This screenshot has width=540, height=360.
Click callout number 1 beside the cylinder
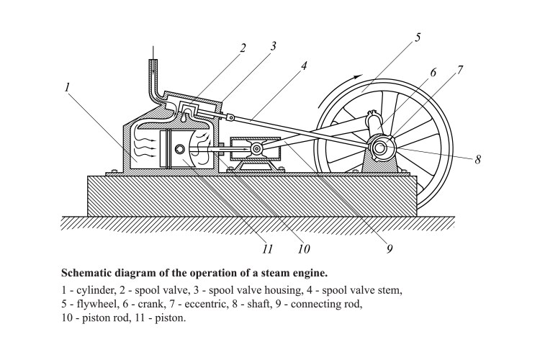pyautogui.click(x=67, y=87)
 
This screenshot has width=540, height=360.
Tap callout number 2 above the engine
pyautogui.click(x=243, y=48)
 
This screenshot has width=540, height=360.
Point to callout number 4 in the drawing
pyautogui.click(x=305, y=66)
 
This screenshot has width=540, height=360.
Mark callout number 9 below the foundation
pyautogui.click(x=389, y=249)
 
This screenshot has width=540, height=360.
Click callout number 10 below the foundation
pyautogui.click(x=303, y=249)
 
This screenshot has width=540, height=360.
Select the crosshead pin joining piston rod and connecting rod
pyautogui.click(x=257, y=150)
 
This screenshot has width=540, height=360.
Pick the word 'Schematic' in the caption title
pyautogui.click(x=90, y=274)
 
